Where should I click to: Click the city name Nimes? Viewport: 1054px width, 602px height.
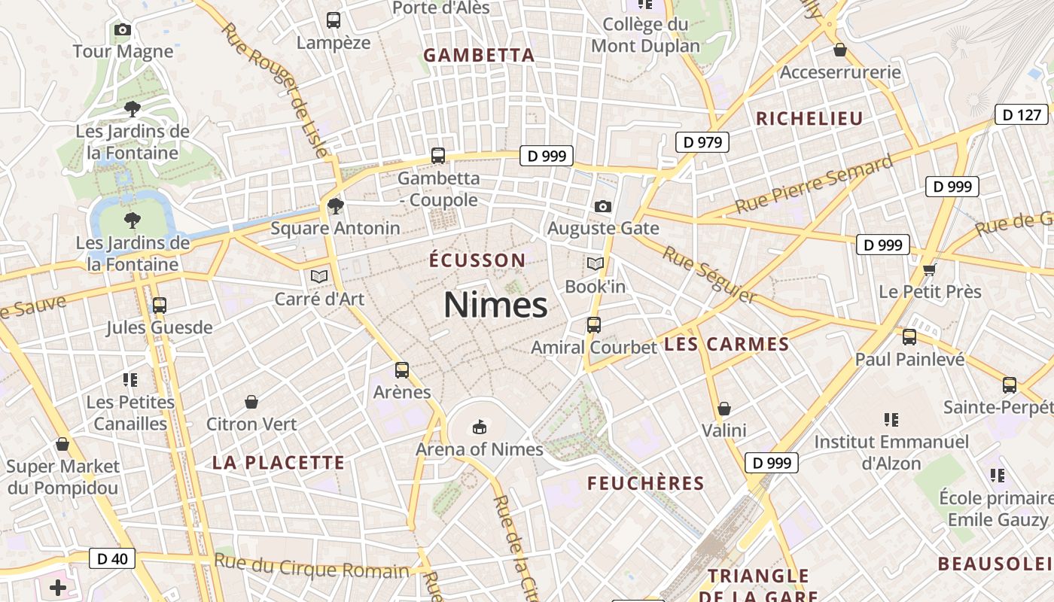coord(495,306)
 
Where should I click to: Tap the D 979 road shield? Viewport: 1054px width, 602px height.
coord(702,141)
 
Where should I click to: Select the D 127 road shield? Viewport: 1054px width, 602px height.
coord(1021,114)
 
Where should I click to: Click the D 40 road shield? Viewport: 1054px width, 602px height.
coord(112,558)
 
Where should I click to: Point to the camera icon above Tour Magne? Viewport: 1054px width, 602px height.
coord(122,30)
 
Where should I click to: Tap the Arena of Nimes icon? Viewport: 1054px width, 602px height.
coord(479,427)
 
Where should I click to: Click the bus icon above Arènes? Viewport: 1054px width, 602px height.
coord(402,369)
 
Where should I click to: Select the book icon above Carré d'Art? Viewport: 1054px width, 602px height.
coord(319,277)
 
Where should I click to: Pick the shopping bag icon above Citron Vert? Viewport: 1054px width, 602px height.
coord(251,403)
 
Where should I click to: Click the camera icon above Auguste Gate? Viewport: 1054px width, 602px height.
coord(602,206)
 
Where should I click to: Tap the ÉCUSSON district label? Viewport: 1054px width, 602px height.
coord(477,260)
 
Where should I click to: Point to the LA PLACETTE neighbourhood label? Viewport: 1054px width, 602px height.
coord(278,462)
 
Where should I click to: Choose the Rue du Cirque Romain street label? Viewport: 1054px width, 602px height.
coord(312,566)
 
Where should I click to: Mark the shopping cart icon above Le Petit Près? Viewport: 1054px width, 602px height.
coord(929,269)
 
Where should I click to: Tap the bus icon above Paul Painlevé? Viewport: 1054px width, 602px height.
coord(909,337)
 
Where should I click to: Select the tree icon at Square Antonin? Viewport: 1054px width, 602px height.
coord(335,205)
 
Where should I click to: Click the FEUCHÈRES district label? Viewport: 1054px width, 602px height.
coord(645,483)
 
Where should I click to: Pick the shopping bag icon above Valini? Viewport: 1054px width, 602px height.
coord(723,409)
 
